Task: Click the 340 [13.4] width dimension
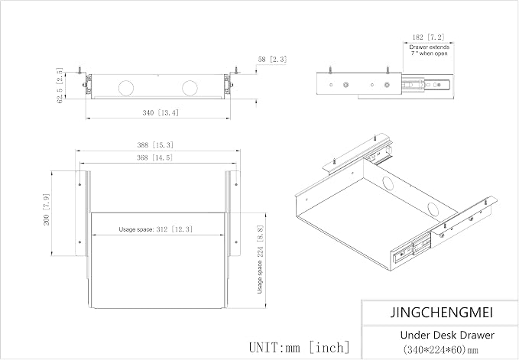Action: tap(161, 113)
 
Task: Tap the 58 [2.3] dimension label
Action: tap(272, 59)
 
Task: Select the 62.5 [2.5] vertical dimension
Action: tap(60, 86)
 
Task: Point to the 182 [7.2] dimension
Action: tap(428, 37)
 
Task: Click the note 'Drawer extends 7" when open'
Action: tap(429, 50)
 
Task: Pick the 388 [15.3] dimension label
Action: tap(155, 145)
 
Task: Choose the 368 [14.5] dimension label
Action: tap(155, 157)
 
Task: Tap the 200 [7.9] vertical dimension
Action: tap(47, 209)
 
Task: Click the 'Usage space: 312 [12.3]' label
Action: tap(156, 229)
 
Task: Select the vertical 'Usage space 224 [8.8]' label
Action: tap(260, 259)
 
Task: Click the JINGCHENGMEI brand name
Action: tap(442, 313)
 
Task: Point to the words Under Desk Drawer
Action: tap(447, 336)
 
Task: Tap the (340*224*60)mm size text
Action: tap(440, 349)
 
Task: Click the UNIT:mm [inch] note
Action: tap(299, 348)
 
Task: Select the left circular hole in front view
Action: tap(126, 88)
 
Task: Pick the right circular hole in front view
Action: tap(190, 88)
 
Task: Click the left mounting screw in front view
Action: tap(79, 70)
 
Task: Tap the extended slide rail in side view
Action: tap(427, 85)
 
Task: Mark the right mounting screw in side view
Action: tap(388, 70)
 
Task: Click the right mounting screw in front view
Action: tap(236, 70)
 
